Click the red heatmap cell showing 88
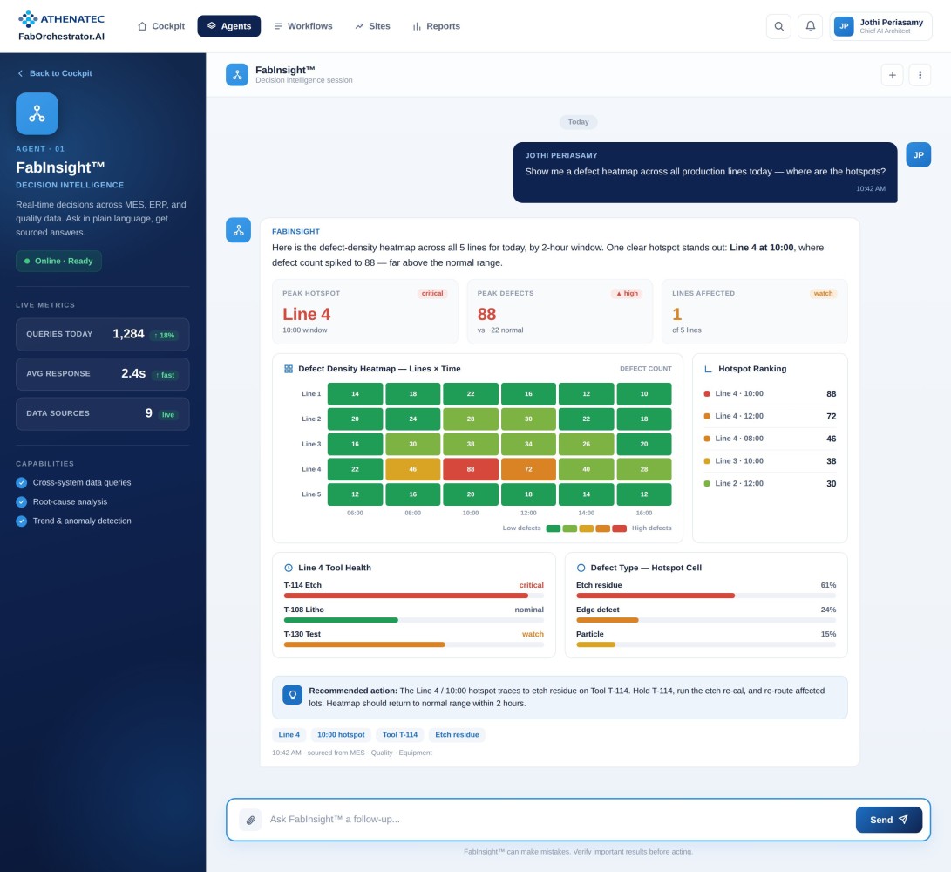coord(471,469)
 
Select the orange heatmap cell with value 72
coord(528,469)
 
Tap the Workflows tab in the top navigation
coord(303,26)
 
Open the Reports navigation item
coord(436,26)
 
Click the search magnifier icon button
coord(778,26)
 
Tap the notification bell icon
coord(811,26)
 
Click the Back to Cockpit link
coord(55,73)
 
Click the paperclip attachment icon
coord(250,820)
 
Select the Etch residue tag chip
coord(457,734)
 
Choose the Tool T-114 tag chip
coord(400,734)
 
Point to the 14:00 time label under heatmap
coord(586,513)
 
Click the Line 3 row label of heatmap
coord(311,444)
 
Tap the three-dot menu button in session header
coord(920,75)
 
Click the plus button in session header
coord(893,75)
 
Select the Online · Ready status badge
coord(58,261)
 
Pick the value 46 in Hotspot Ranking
coord(831,439)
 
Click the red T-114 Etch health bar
coord(405,596)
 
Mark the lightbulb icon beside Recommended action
coord(292,694)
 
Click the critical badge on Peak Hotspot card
coord(431,293)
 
